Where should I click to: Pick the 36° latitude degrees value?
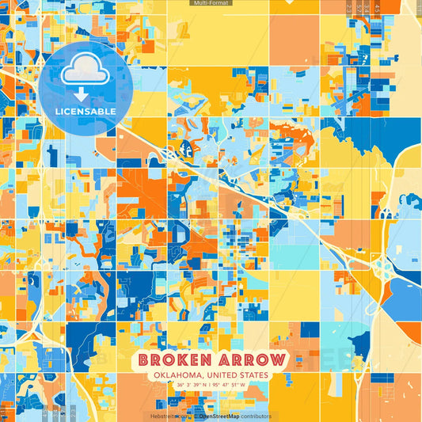(181, 386)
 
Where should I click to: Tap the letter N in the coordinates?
(210, 386)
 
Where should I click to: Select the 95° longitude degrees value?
(225, 386)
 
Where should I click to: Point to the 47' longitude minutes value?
(239, 386)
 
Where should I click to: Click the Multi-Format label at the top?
(210, 3)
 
